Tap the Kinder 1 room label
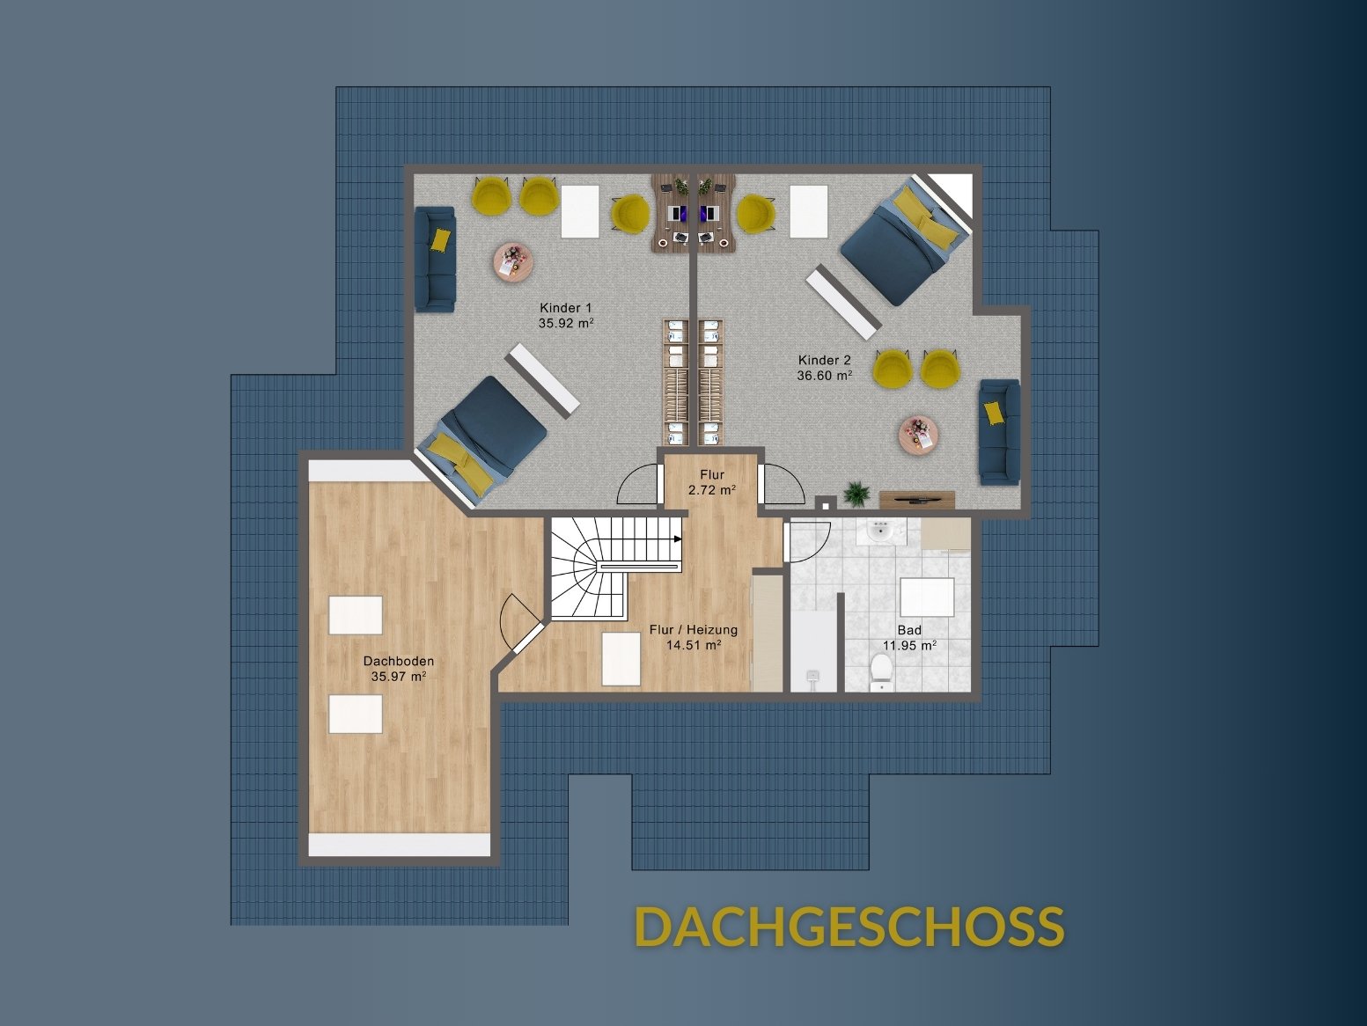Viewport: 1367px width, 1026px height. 565,308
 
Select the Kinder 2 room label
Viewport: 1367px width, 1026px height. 824,360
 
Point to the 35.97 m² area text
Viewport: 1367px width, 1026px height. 399,676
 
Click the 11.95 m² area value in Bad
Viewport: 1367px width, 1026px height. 909,646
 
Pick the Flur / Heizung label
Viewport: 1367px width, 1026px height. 693,629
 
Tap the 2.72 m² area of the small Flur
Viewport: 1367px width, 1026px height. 712,490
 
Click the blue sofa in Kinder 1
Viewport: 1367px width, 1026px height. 435,259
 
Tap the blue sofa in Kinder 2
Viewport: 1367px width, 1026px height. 999,432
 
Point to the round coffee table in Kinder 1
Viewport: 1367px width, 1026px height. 514,263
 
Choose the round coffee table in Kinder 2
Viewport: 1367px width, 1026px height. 919,436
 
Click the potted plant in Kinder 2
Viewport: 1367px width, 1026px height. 856,493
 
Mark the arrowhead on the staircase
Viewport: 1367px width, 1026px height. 678,539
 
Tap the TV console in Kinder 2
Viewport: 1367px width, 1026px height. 916,499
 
